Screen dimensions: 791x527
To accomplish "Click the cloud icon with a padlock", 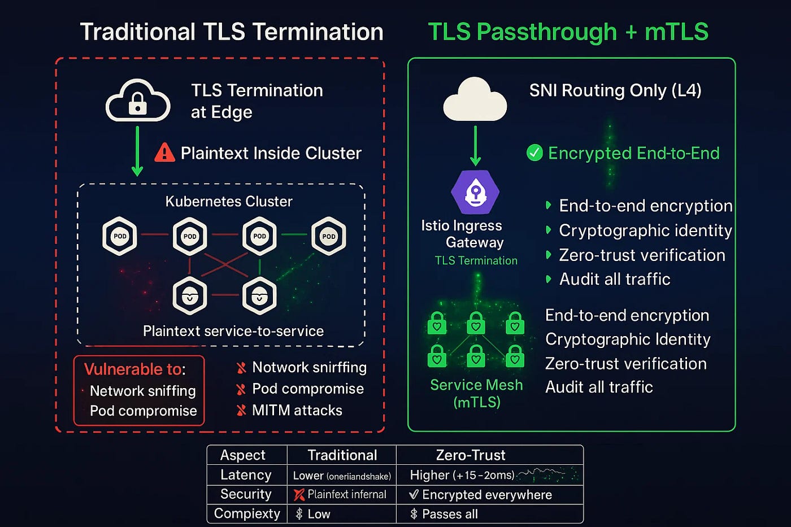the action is [138, 101].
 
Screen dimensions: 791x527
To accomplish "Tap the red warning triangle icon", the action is [164, 153].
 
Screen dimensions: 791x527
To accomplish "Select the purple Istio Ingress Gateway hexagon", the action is [476, 192].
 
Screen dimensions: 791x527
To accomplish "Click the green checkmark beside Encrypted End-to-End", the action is [534, 153].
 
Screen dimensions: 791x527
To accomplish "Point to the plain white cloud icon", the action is [475, 100].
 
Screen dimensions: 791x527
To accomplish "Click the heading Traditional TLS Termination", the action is [232, 32].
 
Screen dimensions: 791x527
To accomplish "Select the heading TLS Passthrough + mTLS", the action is [568, 32].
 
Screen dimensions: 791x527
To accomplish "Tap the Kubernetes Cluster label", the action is [229, 201].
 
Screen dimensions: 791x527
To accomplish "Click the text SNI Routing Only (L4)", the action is [615, 90].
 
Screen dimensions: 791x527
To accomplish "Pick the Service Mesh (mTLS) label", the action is [476, 393].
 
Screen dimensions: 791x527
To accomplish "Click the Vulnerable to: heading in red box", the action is [134, 369].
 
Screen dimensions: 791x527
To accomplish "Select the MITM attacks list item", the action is [297, 410].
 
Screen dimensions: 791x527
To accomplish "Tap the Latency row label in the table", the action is [246, 475].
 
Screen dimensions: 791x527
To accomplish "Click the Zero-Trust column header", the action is [470, 455].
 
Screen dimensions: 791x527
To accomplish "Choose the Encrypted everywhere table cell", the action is [486, 495].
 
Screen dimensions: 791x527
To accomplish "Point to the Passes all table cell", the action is [450, 514].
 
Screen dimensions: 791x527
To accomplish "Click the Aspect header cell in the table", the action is [242, 455].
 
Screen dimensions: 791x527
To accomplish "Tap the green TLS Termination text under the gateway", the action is [476, 260].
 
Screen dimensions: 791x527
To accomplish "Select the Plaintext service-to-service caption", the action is [233, 331].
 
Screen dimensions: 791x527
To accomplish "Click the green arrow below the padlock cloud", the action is [137, 151].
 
